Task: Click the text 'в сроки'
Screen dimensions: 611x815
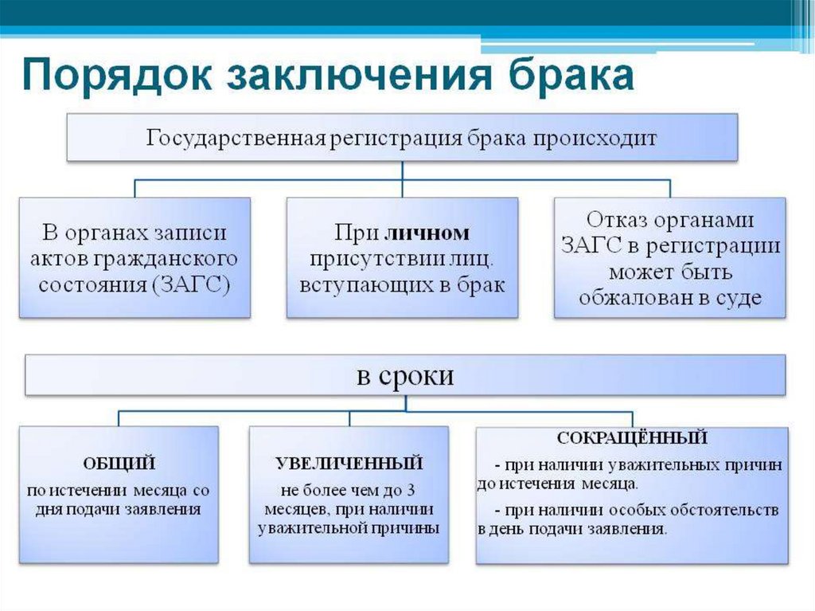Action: coord(405,375)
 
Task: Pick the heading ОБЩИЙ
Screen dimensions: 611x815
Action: coord(119,463)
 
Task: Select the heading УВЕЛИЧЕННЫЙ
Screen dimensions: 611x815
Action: coord(349,463)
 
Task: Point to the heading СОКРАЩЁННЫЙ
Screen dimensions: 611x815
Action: coord(632,438)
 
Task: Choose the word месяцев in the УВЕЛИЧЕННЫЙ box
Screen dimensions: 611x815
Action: coord(290,508)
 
